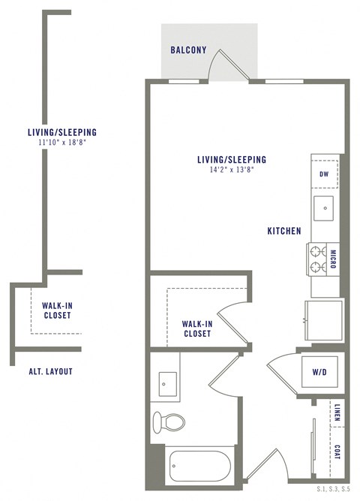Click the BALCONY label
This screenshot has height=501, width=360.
[188, 50]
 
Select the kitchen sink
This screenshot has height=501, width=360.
[324, 205]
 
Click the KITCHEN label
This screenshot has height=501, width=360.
[284, 231]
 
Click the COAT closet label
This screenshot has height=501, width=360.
[337, 453]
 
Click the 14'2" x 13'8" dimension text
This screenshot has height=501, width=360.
[231, 170]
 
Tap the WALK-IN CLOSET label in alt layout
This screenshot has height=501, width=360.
[57, 310]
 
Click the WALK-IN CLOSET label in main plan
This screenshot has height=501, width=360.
[196, 328]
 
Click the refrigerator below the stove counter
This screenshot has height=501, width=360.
[322, 313]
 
